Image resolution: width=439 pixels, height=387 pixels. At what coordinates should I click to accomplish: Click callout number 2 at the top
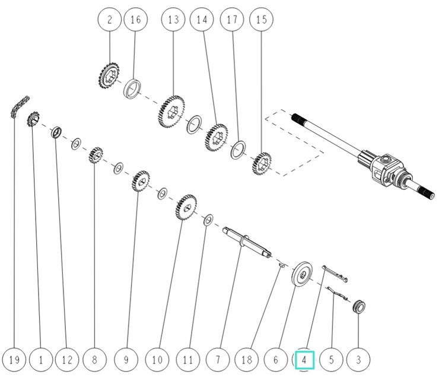click(x=110, y=20)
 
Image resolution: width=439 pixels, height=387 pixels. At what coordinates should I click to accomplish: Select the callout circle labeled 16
click(x=136, y=20)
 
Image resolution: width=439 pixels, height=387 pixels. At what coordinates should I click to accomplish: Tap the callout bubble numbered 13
click(x=173, y=20)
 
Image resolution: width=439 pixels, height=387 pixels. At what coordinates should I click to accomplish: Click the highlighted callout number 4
click(x=304, y=359)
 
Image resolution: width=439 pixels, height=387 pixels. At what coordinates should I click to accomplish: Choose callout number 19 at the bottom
click(x=14, y=359)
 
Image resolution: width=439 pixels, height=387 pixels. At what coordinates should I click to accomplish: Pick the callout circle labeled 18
click(x=247, y=359)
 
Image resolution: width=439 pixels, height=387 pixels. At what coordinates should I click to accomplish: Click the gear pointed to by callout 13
click(x=171, y=110)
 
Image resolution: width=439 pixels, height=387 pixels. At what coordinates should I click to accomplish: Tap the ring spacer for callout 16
click(x=135, y=88)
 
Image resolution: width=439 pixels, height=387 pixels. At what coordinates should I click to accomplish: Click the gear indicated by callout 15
click(x=262, y=163)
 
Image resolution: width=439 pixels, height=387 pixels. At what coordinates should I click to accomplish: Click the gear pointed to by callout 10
click(x=186, y=207)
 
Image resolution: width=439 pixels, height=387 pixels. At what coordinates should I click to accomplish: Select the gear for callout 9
click(x=140, y=181)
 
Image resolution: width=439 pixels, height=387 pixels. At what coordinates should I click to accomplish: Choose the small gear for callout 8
click(x=94, y=157)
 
